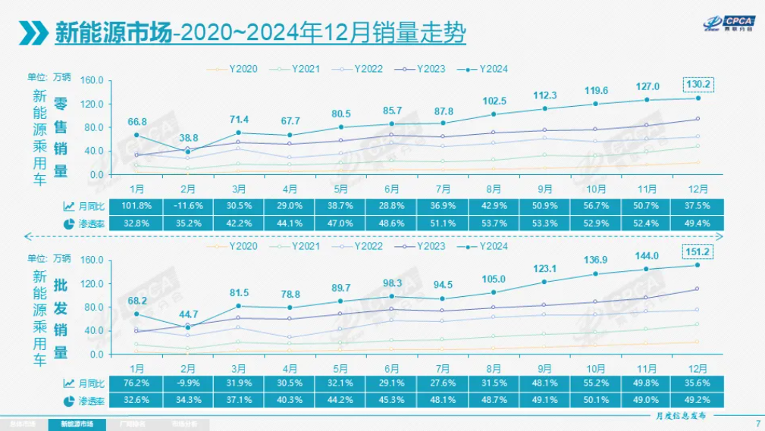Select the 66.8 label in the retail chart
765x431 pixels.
tap(136, 120)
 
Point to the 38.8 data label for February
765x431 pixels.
tap(188, 139)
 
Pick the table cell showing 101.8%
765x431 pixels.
tap(136, 205)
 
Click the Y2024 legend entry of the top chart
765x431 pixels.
tap(482, 69)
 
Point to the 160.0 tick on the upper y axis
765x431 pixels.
tap(91, 80)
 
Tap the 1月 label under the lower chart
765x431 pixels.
tap(136, 367)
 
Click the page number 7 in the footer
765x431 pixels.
tap(757, 423)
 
